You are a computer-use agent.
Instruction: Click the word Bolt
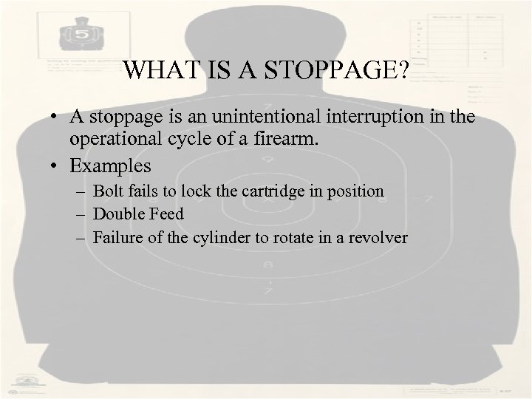[x=108, y=191]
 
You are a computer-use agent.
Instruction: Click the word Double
[x=117, y=214]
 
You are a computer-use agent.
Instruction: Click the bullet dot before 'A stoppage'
[x=56, y=117]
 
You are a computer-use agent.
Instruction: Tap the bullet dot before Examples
[x=56, y=163]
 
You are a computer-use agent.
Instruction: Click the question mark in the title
[x=405, y=70]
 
